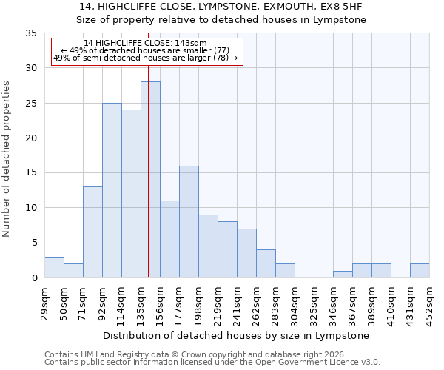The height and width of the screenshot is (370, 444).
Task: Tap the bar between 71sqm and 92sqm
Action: click(92, 232)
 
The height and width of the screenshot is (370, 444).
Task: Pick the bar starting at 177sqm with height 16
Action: click(189, 222)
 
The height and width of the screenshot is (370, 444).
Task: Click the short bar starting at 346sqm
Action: click(343, 275)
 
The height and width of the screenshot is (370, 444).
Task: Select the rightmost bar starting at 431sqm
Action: click(420, 271)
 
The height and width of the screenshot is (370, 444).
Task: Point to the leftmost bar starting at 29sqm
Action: click(54, 267)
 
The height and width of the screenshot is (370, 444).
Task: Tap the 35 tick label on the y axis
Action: click(30, 33)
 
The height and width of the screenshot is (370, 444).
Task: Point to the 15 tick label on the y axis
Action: click(30, 173)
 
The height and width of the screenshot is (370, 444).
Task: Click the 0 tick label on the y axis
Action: click(33, 278)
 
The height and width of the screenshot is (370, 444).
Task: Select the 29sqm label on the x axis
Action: click(44, 301)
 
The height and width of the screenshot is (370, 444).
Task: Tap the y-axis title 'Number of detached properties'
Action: click(7, 160)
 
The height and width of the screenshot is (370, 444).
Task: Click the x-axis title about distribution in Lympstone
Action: click(237, 335)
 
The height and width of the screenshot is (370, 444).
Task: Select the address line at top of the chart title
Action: click(222, 6)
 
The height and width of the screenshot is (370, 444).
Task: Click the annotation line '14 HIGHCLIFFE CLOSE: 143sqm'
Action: click(145, 44)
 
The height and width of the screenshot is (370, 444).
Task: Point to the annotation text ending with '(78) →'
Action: click(145, 58)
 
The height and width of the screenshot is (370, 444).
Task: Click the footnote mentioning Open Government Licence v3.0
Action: click(212, 363)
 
